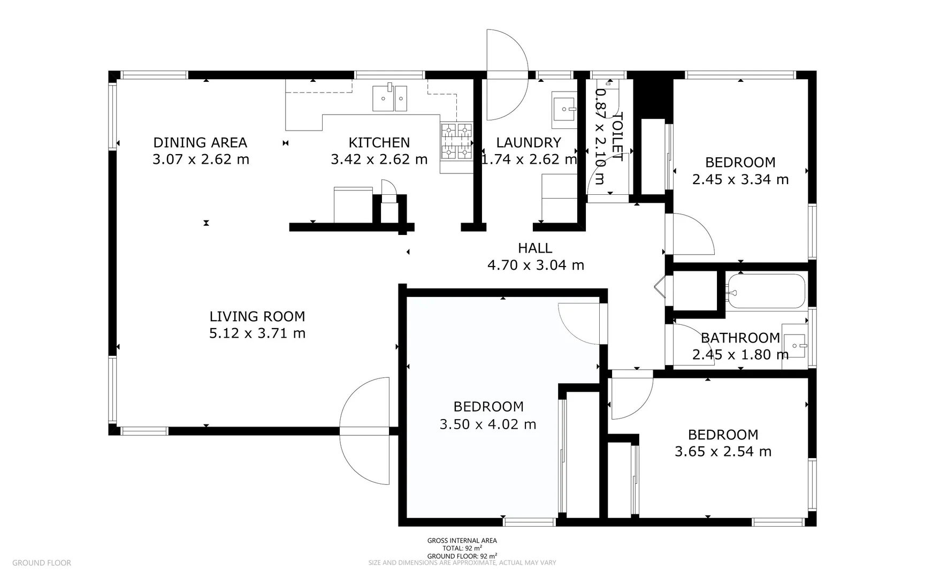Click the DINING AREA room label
pyautogui.click(x=200, y=142)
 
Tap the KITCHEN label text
pyautogui.click(x=379, y=142)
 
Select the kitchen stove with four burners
pyautogui.click(x=456, y=141)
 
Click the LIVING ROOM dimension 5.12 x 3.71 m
pyautogui.click(x=257, y=333)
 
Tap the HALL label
pyautogui.click(x=535, y=248)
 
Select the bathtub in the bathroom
pyautogui.click(x=766, y=292)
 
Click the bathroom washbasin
pyautogui.click(x=795, y=346)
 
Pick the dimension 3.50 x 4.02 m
pyautogui.click(x=488, y=424)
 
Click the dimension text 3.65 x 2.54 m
pyautogui.click(x=723, y=452)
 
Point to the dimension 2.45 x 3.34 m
pyautogui.click(x=740, y=179)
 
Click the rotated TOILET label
pyautogui.click(x=617, y=136)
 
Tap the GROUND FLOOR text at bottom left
pyautogui.click(x=42, y=562)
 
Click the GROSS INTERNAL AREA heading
pyautogui.click(x=462, y=541)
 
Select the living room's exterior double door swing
pyautogui.click(x=364, y=431)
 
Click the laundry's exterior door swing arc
pyautogui.click(x=507, y=75)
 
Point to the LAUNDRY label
pyautogui.click(x=529, y=142)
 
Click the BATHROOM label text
pyautogui.click(x=740, y=338)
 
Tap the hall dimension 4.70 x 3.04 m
pyautogui.click(x=536, y=265)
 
